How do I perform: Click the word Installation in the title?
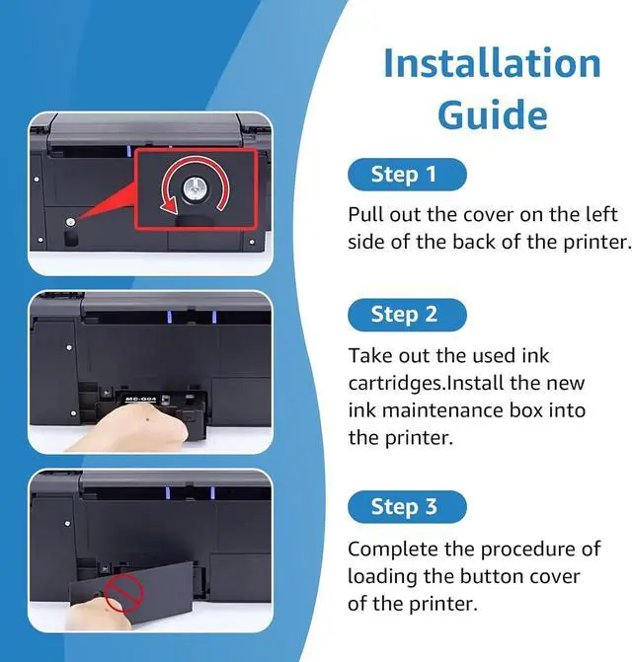492,63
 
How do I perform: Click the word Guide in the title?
493,114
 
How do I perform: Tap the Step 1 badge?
407,175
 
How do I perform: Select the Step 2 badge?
407,315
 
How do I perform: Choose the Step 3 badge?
407,507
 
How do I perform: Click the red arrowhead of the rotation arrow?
169,206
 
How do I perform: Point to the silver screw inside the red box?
194,189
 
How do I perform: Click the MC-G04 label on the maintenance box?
141,399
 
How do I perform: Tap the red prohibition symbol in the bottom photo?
123,594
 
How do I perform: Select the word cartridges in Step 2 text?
395,384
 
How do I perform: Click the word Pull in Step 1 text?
365,214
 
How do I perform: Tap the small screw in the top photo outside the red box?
70,222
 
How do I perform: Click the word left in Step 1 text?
601,214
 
